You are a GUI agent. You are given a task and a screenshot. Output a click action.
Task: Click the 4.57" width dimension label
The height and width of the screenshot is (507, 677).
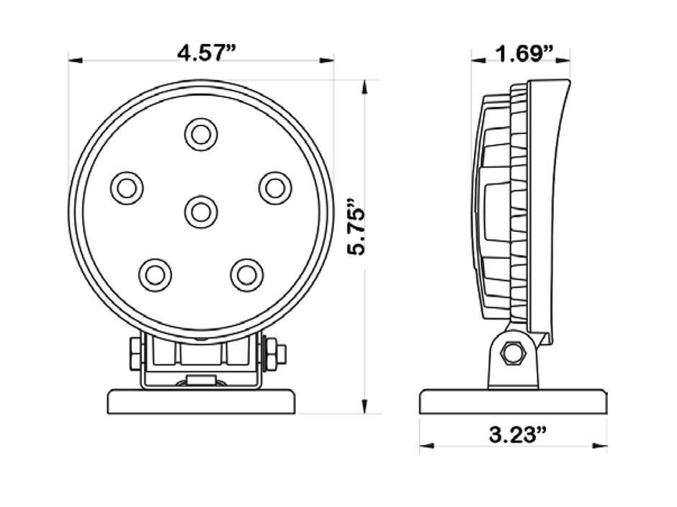click(x=207, y=53)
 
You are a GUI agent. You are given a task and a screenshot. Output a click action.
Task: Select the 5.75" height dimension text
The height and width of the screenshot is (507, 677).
click(x=358, y=225)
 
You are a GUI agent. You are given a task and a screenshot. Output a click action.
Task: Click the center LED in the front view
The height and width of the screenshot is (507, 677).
click(x=201, y=212)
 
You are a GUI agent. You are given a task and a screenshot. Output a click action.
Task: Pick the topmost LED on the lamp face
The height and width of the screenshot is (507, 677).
click(x=201, y=134)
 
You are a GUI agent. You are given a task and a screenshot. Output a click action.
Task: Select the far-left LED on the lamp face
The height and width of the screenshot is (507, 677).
click(x=127, y=188)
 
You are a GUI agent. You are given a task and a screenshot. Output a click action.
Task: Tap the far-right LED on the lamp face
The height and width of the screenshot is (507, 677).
click(x=275, y=188)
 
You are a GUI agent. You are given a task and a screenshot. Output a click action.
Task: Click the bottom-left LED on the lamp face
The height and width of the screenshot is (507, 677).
click(x=155, y=274)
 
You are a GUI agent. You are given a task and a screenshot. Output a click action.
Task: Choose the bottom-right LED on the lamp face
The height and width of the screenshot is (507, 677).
click(x=247, y=274)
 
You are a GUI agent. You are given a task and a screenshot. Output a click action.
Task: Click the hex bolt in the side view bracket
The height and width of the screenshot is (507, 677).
click(x=513, y=353)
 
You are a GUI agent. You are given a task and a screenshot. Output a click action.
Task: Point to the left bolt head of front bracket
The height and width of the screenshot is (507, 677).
click(x=135, y=354)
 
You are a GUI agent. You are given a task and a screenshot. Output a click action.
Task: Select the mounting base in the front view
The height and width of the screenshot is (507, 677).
click(x=201, y=402)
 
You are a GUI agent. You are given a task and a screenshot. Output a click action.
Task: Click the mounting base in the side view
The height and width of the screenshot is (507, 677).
click(x=513, y=402)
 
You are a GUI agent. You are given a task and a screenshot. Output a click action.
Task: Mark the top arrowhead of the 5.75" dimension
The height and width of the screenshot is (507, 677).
click(x=366, y=86)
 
